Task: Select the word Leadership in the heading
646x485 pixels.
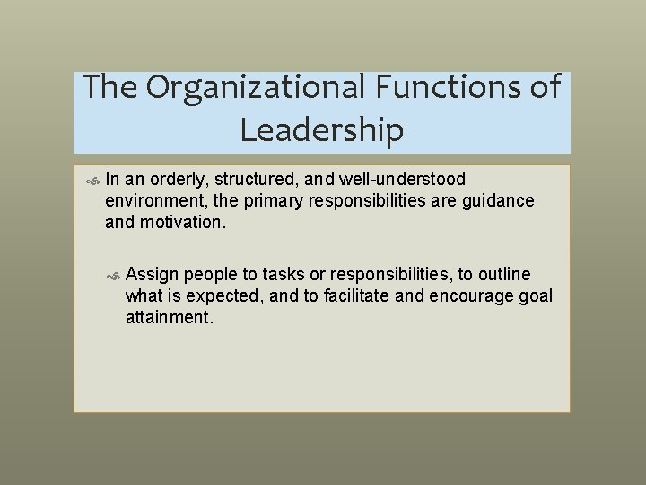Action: point(322,131)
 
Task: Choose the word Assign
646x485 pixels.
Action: point(152,274)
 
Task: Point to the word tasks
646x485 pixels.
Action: point(282,274)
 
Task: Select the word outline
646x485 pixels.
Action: point(503,274)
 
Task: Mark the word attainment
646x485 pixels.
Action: point(170,316)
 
